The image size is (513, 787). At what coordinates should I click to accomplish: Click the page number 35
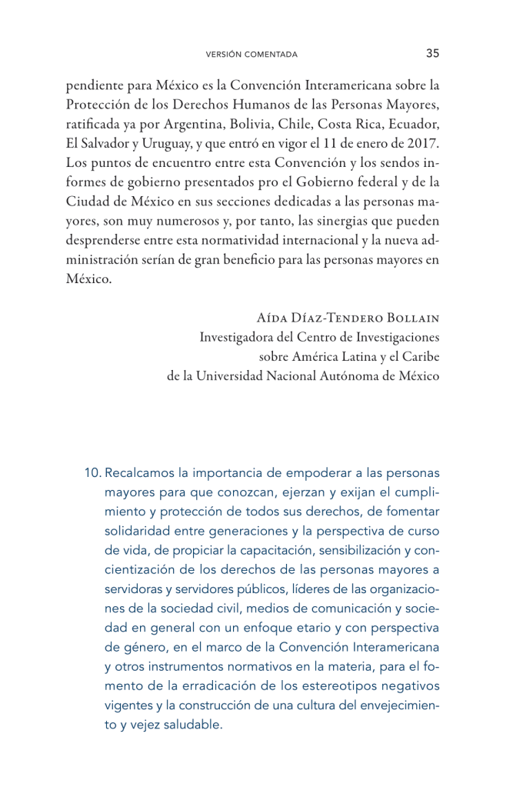tap(432, 53)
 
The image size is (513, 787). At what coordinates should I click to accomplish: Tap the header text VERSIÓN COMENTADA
tap(252, 55)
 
